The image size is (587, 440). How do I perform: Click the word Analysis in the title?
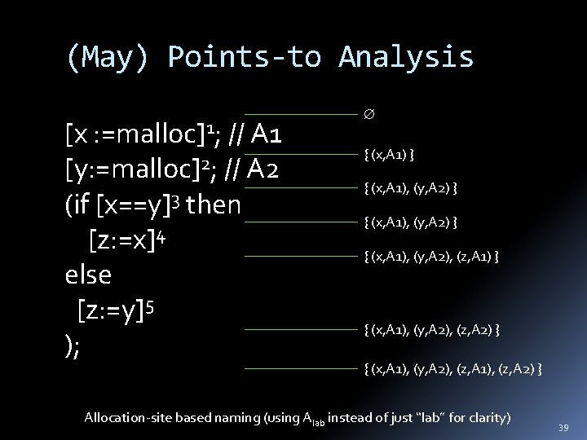point(406,56)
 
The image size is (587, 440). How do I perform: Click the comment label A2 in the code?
point(268,169)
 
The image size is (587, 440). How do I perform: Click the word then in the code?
point(214,205)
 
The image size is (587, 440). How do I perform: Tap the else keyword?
point(88,275)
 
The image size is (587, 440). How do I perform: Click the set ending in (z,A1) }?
point(432,256)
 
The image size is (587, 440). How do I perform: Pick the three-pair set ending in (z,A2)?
point(432,329)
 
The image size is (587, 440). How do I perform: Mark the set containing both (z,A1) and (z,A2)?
point(453,370)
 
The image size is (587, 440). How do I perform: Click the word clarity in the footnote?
point(487,418)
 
